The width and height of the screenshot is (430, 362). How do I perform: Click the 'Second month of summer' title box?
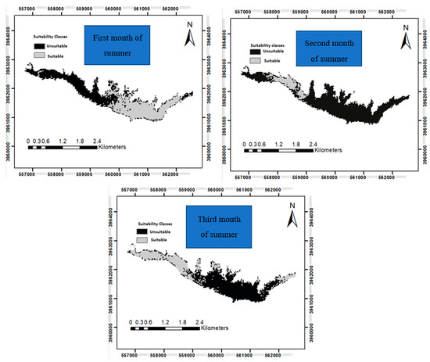334,48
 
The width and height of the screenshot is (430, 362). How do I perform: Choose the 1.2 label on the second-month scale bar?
278,145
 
